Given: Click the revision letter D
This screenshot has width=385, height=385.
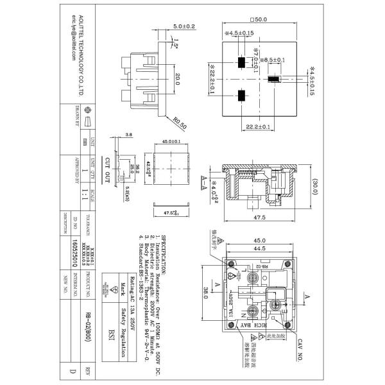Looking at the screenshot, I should (x=71, y=370).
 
